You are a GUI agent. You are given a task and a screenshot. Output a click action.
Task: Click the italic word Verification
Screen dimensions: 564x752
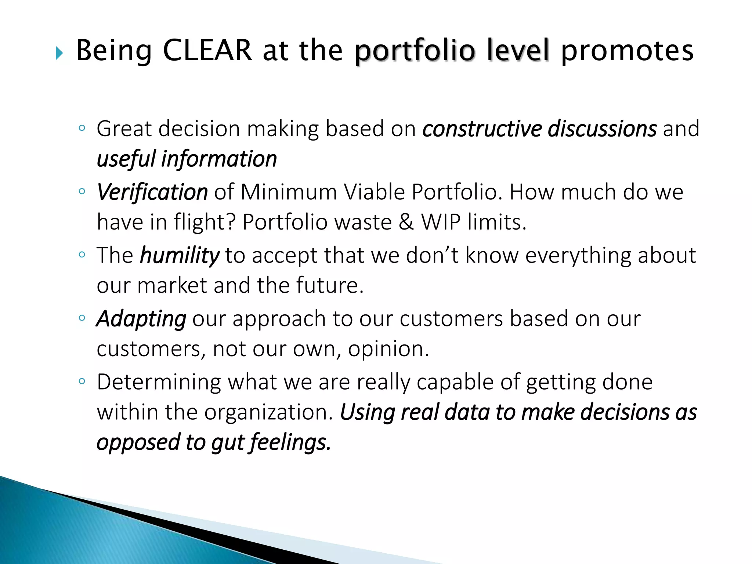coord(152,192)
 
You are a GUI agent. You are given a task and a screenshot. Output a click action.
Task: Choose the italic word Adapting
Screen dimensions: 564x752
coord(141,319)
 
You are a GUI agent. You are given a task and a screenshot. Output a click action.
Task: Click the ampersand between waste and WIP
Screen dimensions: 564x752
coord(406,222)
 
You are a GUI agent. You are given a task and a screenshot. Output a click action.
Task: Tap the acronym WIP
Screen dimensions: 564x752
coord(441,222)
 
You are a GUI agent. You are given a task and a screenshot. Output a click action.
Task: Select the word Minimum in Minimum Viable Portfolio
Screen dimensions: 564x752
coord(289,192)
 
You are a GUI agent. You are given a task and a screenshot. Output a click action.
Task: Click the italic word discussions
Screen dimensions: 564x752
coord(602,129)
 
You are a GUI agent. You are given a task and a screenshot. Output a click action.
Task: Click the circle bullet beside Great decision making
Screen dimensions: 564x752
coord(82,128)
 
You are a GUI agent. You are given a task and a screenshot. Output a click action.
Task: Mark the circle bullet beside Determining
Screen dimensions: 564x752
coord(82,382)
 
